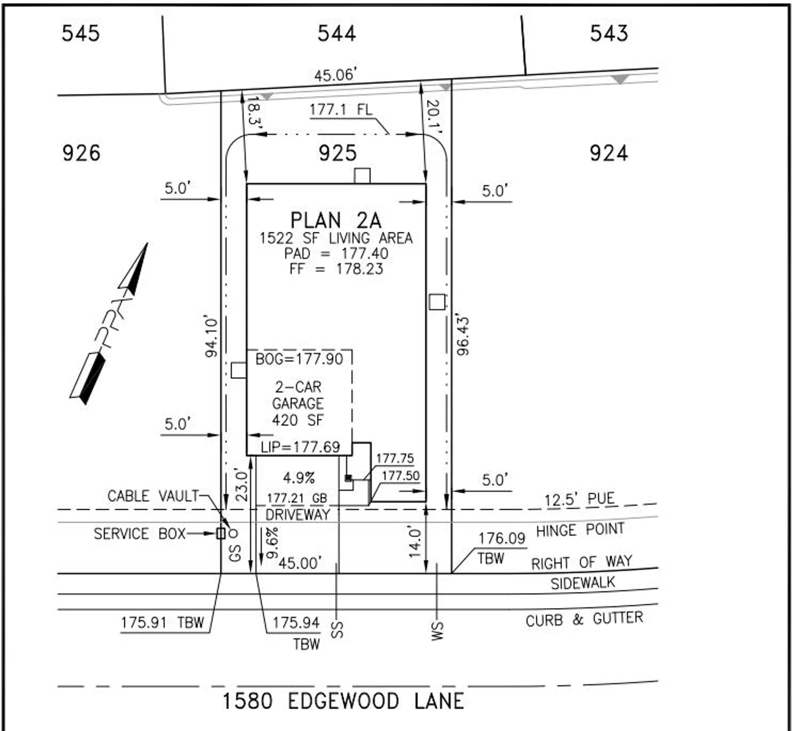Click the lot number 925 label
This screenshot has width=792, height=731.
click(337, 154)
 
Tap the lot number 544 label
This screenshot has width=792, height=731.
click(337, 34)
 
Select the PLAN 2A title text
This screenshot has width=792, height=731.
click(335, 221)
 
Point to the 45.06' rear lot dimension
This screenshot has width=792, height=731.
click(335, 75)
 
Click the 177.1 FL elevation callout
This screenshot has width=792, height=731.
click(341, 110)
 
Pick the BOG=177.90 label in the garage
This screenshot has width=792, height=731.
click(299, 359)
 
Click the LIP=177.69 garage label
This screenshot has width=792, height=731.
click(300, 447)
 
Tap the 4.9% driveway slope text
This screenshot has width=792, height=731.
click(298, 478)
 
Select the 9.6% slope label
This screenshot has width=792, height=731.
click(272, 542)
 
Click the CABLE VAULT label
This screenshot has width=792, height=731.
click(153, 496)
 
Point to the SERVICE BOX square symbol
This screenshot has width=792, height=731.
click(221, 534)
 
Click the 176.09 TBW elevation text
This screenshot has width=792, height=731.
click(501, 539)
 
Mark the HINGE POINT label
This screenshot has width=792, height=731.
click(580, 530)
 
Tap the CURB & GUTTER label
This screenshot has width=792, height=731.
click(584, 619)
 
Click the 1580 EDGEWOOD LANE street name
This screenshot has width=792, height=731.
click(343, 701)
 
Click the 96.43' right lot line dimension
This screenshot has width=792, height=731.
click(463, 336)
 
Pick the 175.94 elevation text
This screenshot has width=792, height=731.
click(296, 623)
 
